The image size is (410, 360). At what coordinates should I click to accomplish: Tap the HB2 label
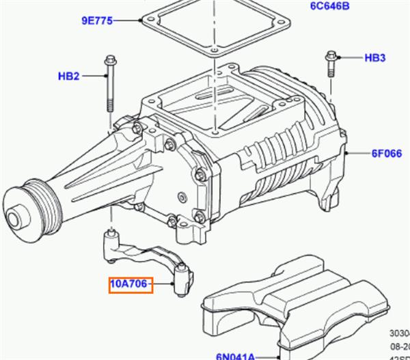(x=70, y=76)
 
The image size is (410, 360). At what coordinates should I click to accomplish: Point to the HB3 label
(x=374, y=58)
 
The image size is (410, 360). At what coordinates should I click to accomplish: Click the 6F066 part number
(x=385, y=154)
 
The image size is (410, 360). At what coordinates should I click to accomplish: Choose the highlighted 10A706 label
(x=130, y=283)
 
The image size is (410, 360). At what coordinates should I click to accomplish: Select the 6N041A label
(x=235, y=355)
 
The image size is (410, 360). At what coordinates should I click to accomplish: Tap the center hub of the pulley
(x=14, y=220)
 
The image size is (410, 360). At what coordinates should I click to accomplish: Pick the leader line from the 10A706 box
(x=164, y=283)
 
